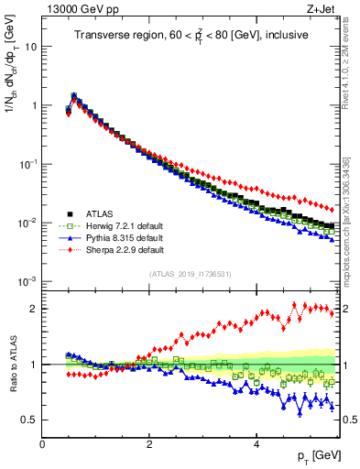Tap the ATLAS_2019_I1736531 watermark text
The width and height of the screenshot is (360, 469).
190,273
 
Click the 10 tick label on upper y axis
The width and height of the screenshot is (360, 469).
32,46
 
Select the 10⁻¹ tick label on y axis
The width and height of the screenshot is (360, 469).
27,163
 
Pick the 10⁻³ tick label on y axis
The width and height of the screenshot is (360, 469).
27,281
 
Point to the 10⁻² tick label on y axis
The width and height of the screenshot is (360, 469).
27,223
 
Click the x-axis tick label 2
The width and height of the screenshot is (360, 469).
149,444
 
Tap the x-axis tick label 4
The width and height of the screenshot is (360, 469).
256,444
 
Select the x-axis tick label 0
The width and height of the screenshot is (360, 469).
42,444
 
